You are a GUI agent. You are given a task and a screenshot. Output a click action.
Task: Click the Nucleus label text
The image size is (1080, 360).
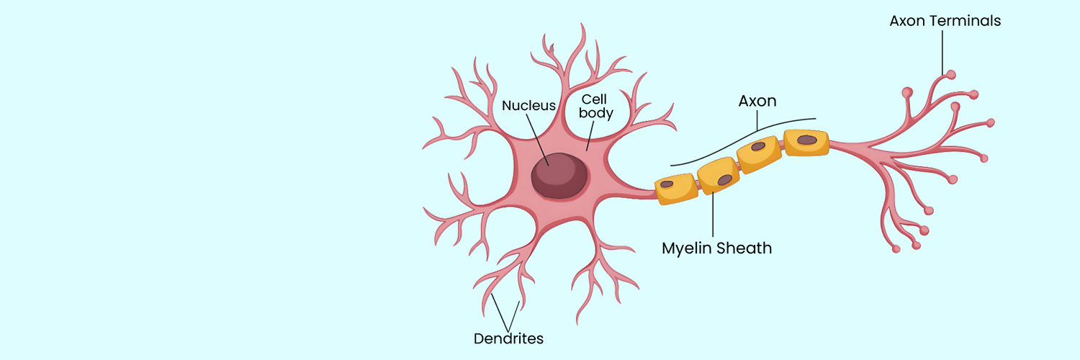[x=528, y=106]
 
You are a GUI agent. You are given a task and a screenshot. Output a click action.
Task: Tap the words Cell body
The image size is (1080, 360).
[x=597, y=106]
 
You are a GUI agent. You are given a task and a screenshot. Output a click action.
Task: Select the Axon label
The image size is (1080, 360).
[x=757, y=101]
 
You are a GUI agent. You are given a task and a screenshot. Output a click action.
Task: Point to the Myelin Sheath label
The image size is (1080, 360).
[x=716, y=248]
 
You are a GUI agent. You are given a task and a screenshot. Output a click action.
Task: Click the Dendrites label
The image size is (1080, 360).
[x=508, y=338]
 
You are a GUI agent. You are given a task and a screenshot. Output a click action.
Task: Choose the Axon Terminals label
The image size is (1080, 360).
[x=945, y=21]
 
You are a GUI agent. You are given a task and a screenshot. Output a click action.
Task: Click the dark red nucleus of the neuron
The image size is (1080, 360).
[x=559, y=174]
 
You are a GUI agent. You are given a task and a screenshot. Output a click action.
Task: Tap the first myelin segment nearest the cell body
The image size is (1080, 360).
[x=676, y=188]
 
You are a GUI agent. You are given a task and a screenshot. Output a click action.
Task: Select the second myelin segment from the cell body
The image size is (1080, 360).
[x=719, y=176]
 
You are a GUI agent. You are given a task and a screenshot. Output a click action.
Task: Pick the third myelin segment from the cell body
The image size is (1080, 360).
[x=760, y=154]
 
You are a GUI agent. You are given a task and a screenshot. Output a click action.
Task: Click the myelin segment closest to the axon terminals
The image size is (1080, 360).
[x=806, y=142]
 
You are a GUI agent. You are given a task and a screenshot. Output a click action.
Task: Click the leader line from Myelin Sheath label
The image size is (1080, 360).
[x=714, y=216]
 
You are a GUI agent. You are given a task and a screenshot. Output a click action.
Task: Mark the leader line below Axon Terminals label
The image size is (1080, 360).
[x=942, y=50]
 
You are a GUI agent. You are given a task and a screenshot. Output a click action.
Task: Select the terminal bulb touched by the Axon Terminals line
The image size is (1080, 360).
[x=950, y=74]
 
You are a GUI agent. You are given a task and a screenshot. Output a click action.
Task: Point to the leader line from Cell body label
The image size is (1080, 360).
[x=590, y=135]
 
